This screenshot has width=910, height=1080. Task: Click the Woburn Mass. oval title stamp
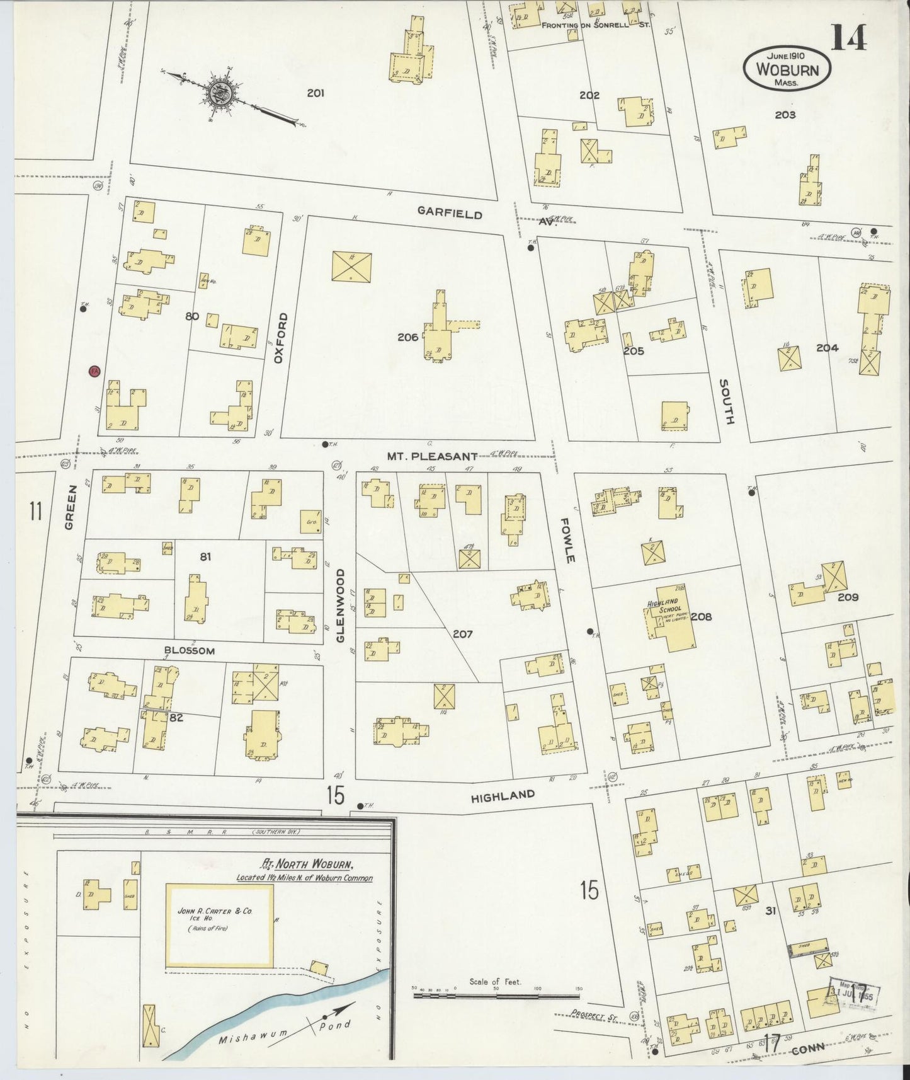coord(787,69)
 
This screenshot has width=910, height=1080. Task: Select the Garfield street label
coord(450,214)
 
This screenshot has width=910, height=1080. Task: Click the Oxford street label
coord(281,338)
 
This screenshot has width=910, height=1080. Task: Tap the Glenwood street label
coord(340,606)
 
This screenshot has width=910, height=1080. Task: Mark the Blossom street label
coord(190,651)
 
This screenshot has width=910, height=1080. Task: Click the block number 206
coord(407,337)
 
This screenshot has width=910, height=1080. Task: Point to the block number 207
coord(462,634)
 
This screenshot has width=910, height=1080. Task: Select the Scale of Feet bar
coord(496,996)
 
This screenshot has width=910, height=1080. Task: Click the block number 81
coord(205,556)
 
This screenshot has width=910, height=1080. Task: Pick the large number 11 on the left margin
coord(35,511)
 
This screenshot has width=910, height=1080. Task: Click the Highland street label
coord(503,796)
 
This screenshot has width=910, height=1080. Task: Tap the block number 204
coord(827,348)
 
